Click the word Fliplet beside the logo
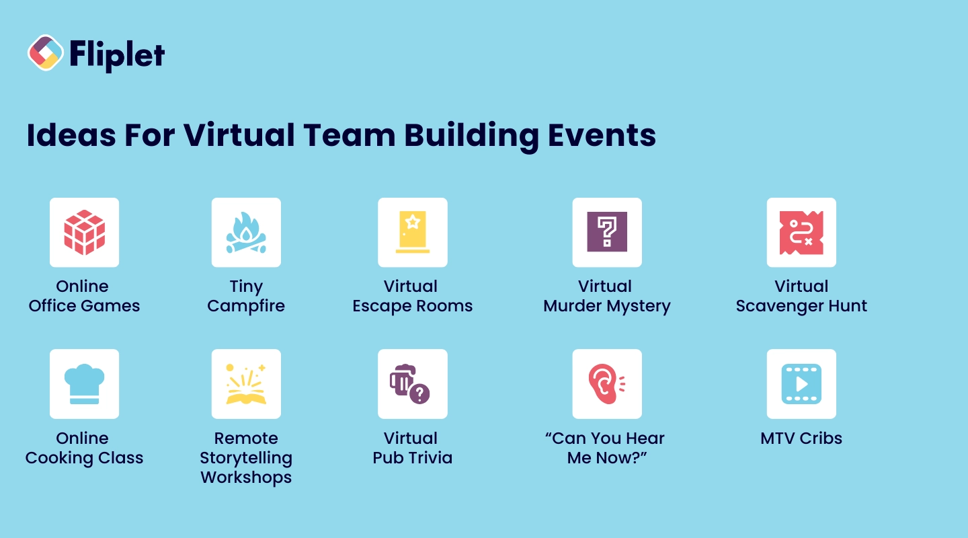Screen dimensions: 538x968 coord(117,54)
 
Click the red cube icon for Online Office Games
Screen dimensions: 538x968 coord(85,233)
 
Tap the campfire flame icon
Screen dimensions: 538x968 coord(246,233)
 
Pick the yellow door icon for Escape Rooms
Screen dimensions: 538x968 coord(412,233)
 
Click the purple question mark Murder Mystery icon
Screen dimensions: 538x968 coord(607,233)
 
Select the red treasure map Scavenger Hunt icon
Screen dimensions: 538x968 coord(801,233)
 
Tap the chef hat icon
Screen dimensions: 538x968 coord(85,384)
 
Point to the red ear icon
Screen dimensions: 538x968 coord(605,384)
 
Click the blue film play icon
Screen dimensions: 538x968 coord(801,384)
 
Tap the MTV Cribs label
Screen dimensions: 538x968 coord(801,438)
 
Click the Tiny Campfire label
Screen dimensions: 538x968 coord(246,297)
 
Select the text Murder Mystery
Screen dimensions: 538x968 coord(607,306)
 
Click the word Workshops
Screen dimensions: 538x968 coord(246,477)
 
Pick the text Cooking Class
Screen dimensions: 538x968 coord(85,458)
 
